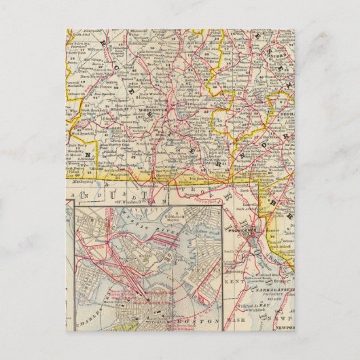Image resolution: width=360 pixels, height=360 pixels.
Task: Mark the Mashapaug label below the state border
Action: [79, 183]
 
